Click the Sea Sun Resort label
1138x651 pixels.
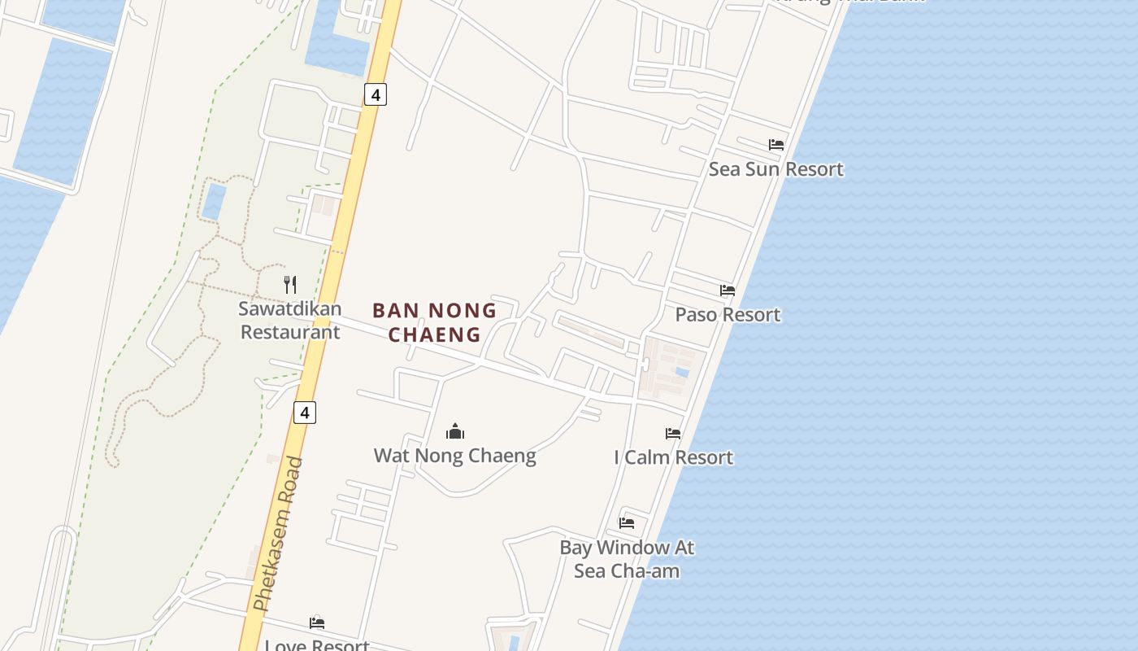click(775, 169)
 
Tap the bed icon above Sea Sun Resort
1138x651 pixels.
click(776, 145)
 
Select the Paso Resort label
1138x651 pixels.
click(728, 315)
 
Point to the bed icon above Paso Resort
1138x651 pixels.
click(728, 290)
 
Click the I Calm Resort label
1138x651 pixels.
click(673, 457)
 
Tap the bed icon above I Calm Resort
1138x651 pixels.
click(673, 434)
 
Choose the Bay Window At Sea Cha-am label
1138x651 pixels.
click(626, 559)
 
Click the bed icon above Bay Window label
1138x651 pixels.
click(627, 523)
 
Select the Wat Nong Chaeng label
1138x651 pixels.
click(454, 456)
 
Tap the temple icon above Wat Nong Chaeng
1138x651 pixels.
click(455, 430)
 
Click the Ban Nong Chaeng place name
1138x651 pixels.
click(434, 322)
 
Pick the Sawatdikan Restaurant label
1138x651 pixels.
click(289, 320)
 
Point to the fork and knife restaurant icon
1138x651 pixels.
click(290, 284)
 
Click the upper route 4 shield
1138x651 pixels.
click(375, 94)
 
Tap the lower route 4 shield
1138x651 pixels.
click(304, 413)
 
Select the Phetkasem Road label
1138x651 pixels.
click(278, 534)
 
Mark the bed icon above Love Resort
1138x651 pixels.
click(317, 623)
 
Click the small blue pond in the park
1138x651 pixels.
click(214, 202)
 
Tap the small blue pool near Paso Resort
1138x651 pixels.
click(682, 372)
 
